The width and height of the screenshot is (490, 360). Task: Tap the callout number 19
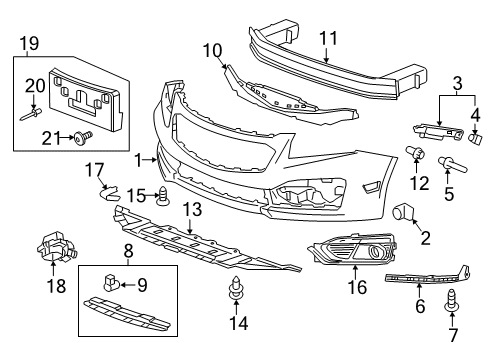[x=28, y=43]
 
